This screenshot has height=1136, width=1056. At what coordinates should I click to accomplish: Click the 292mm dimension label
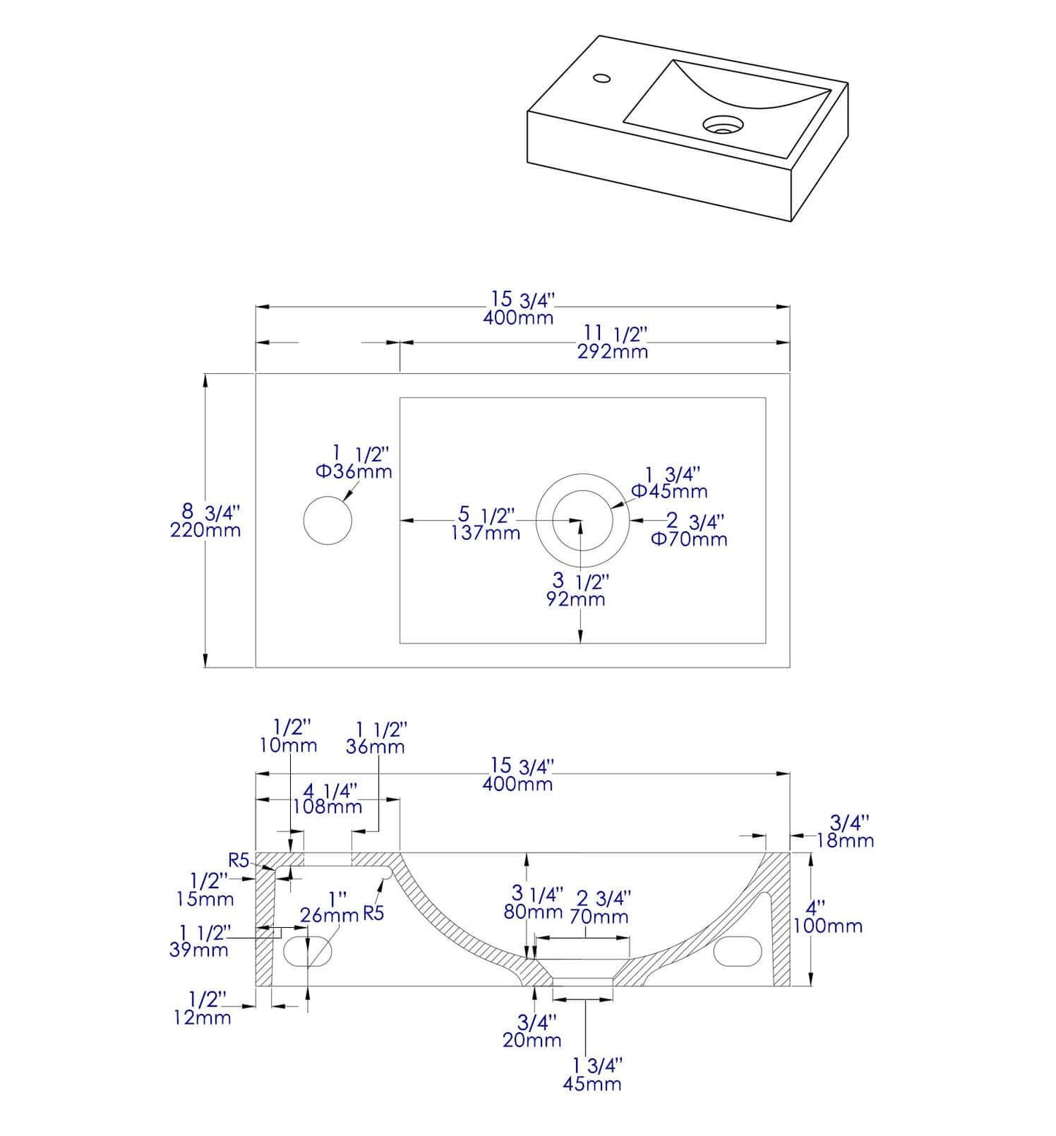click(612, 351)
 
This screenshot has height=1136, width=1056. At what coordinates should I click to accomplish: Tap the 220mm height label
click(205, 530)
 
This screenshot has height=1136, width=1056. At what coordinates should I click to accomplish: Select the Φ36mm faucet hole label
click(354, 471)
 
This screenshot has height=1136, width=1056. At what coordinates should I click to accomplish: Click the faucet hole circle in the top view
click(327, 520)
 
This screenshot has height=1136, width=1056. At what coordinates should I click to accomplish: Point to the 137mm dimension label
click(485, 533)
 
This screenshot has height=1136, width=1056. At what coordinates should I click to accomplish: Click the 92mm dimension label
click(576, 599)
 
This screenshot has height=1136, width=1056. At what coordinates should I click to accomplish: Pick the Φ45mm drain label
click(669, 491)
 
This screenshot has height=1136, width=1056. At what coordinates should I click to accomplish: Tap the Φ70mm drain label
click(689, 539)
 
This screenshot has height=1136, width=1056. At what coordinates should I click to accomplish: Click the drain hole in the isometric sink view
click(722, 125)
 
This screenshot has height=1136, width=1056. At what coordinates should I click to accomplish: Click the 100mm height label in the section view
click(828, 926)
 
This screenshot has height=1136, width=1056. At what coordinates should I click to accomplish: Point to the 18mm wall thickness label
click(845, 840)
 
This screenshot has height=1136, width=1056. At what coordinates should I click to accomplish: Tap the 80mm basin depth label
click(533, 911)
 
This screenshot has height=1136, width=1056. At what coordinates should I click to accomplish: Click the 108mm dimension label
click(327, 807)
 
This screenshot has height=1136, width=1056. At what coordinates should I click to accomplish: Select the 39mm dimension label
click(199, 950)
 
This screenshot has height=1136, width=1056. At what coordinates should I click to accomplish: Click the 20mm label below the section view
click(532, 1040)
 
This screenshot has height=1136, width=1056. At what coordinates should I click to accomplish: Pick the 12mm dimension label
click(202, 1017)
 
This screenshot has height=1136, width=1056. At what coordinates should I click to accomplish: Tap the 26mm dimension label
click(329, 915)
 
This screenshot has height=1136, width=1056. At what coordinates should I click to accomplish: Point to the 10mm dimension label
click(288, 745)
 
